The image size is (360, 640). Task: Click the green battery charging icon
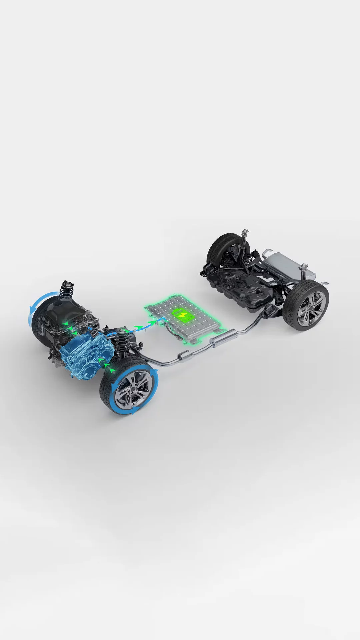coord(183,315)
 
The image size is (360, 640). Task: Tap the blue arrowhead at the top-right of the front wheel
coord(155,372)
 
